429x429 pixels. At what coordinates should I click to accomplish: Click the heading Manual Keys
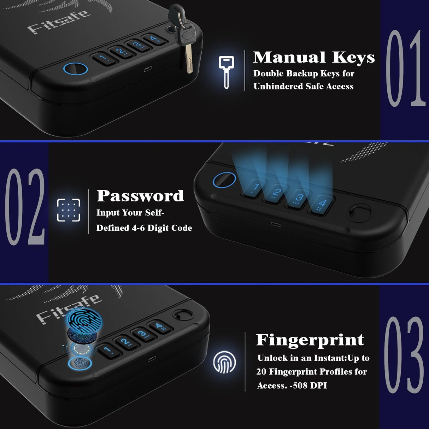click(314, 58)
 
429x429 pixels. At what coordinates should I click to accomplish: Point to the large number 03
click(404, 355)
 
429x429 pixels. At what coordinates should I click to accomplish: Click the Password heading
click(140, 196)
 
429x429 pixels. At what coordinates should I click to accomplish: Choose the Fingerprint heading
click(310, 340)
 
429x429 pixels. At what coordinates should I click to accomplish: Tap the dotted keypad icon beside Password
click(69, 210)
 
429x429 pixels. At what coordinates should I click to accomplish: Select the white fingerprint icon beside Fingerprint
click(224, 362)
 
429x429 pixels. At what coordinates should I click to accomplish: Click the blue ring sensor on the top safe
click(75, 69)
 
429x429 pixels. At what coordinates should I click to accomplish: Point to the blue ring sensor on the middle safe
click(224, 181)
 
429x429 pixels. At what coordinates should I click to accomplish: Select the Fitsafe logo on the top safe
click(58, 22)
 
